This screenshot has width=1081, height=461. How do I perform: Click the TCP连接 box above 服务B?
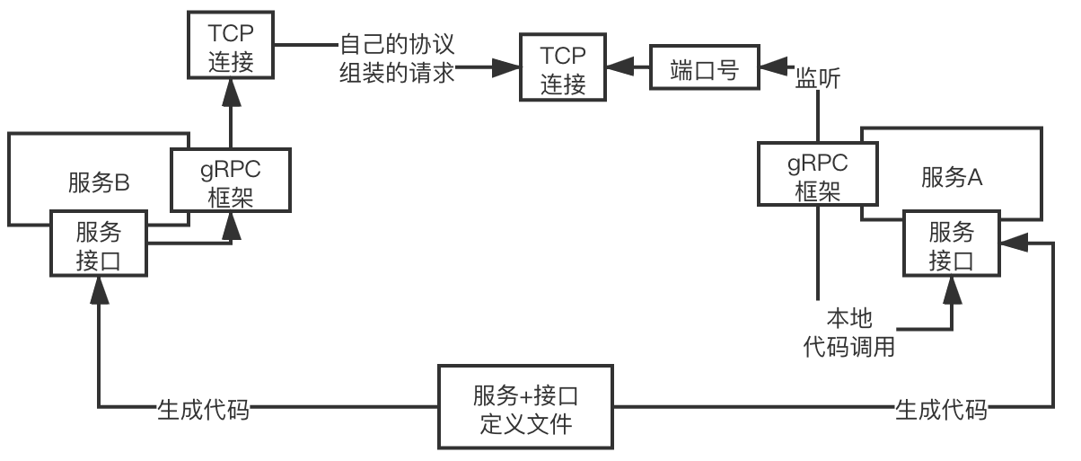tap(232, 47)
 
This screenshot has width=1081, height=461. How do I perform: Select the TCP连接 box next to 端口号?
tap(563, 69)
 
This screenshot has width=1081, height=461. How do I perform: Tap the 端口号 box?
tap(705, 69)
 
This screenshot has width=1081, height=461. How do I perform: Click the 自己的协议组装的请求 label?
tap(397, 58)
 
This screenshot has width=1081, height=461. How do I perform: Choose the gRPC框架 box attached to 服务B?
tap(232, 180)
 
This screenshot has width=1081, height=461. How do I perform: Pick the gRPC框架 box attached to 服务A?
tap(817, 176)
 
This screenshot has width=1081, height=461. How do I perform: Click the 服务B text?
tap(100, 182)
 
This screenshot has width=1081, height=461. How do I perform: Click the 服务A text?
tap(952, 177)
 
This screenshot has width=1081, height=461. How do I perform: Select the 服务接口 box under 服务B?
tap(99, 245)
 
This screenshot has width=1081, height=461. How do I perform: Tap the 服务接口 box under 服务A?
tap(952, 245)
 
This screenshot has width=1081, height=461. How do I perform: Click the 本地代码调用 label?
tap(848, 332)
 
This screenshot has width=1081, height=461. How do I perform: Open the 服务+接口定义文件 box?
tap(526, 407)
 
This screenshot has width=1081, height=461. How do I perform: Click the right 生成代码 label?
tap(941, 409)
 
